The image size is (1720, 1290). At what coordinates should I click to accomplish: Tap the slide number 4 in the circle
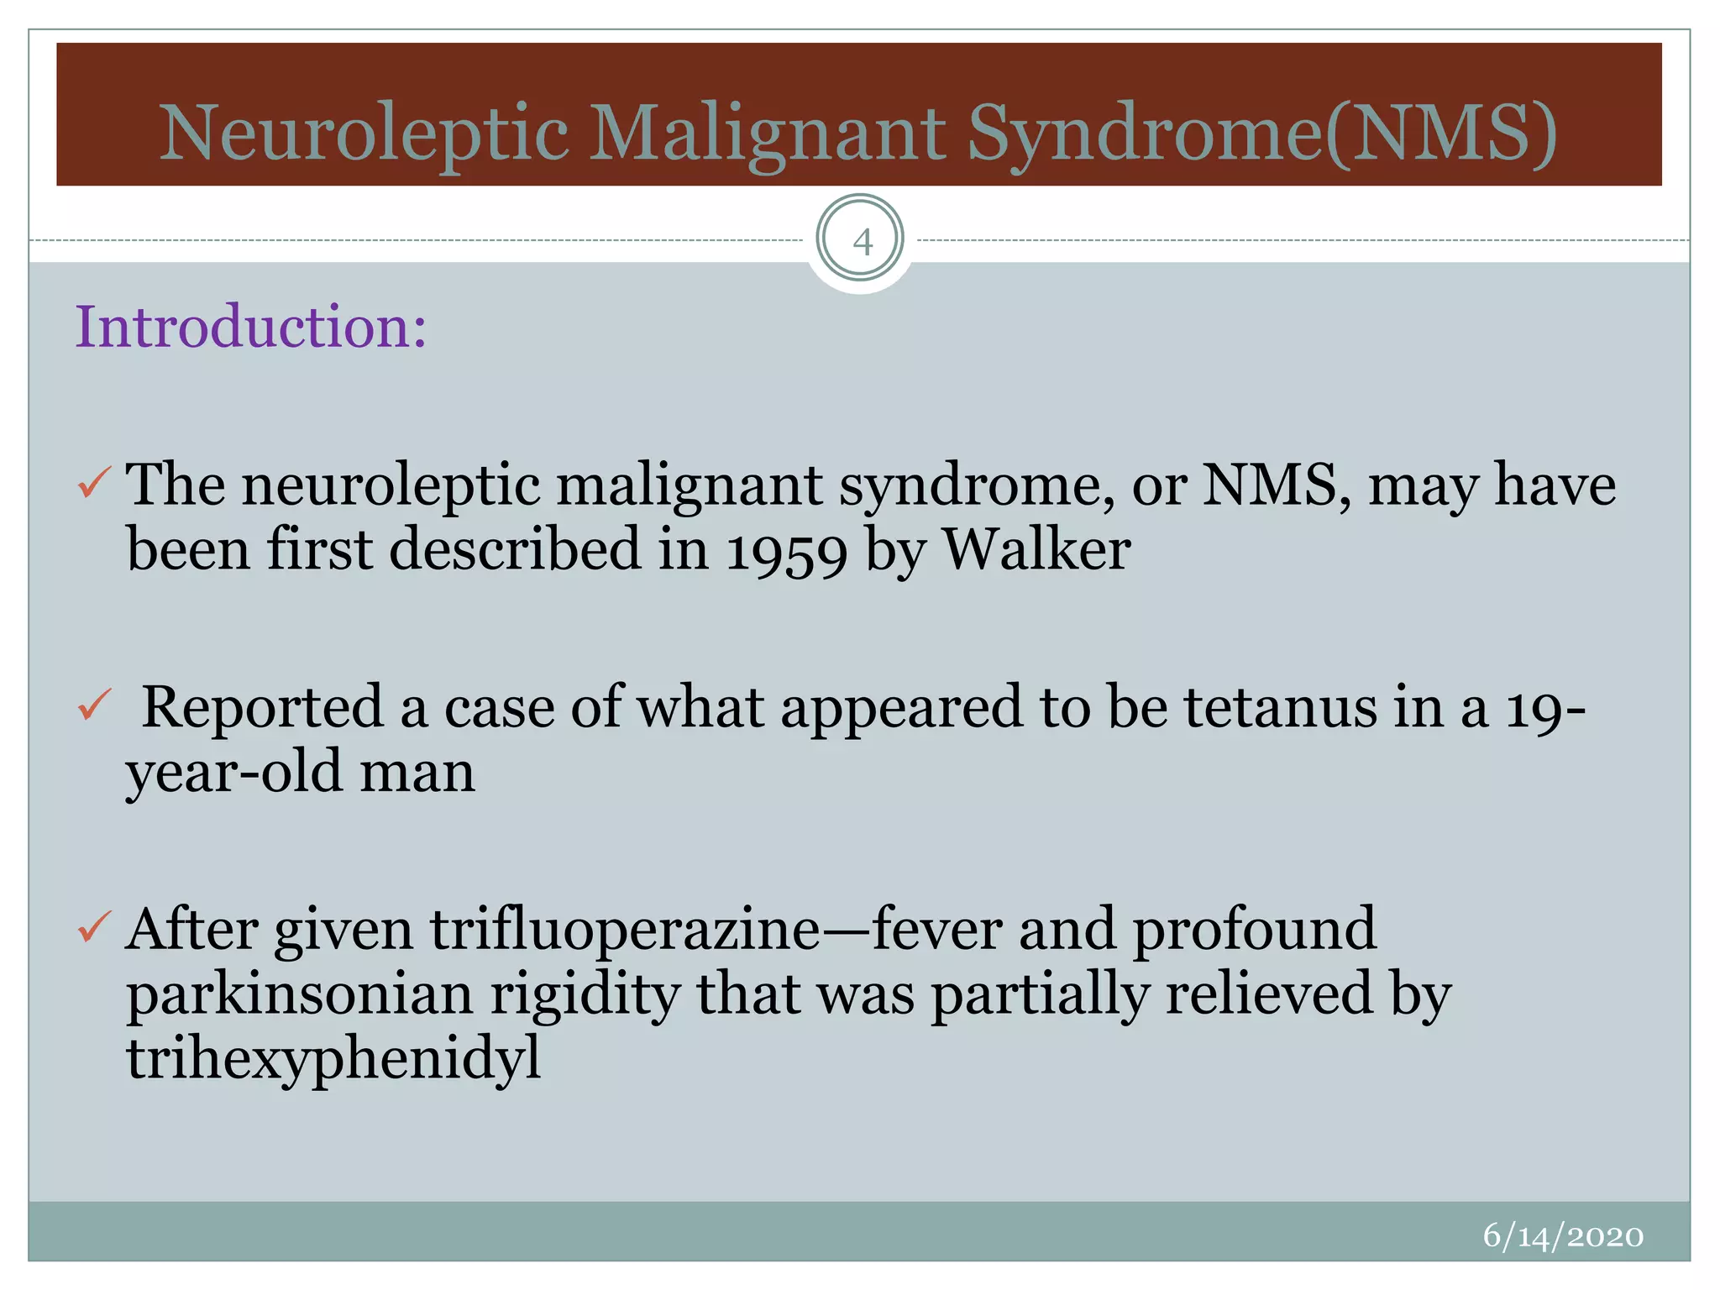tap(861, 242)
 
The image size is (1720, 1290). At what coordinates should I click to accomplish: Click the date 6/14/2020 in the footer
tap(1562, 1235)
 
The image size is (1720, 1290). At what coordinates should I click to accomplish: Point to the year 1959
tap(786, 551)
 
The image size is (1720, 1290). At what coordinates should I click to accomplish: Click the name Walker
tap(1036, 549)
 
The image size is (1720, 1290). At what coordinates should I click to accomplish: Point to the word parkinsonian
tap(300, 994)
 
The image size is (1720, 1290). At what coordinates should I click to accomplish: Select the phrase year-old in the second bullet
tap(233, 772)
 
